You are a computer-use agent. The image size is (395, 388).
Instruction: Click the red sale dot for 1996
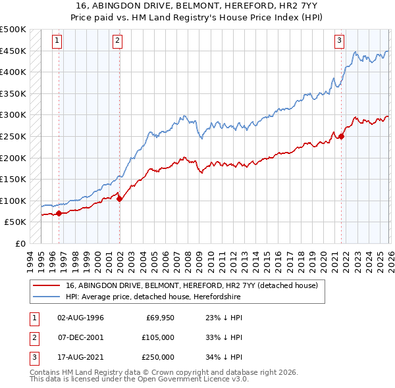point(59,213)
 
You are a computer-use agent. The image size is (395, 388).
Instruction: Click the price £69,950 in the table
point(159,318)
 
